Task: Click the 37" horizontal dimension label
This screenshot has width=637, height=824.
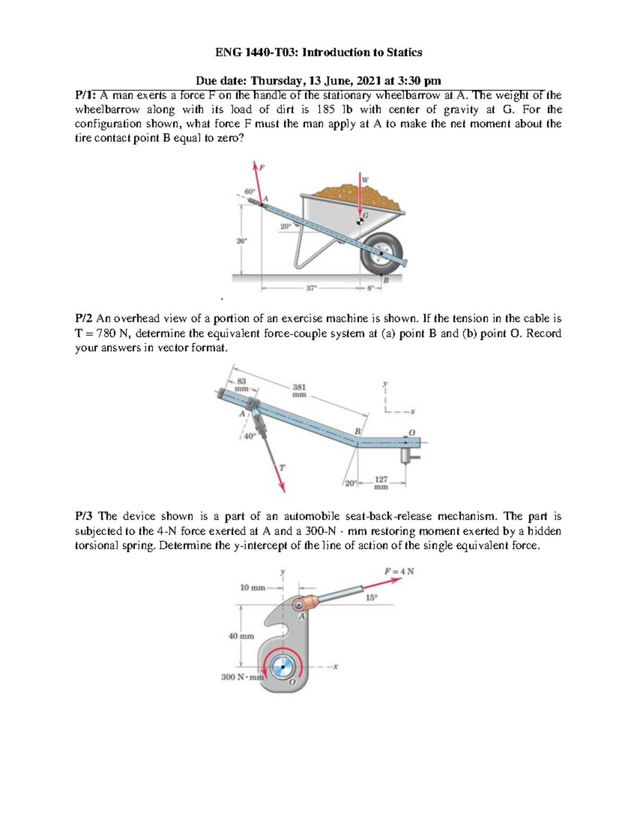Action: (x=311, y=288)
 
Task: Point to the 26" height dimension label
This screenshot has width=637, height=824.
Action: (x=241, y=240)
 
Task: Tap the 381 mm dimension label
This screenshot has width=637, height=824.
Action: (x=299, y=391)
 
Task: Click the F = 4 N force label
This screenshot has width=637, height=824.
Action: (x=399, y=571)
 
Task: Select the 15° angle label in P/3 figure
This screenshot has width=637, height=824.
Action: (x=372, y=597)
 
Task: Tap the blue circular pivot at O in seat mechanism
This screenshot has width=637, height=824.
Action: (x=282, y=666)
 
